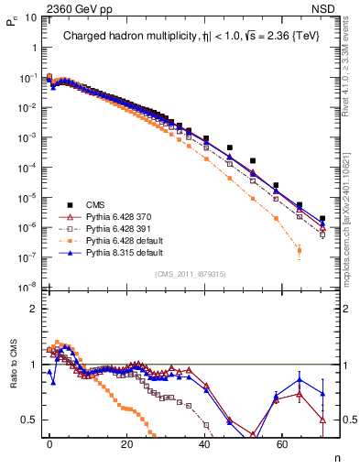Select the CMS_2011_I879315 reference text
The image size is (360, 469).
point(190,273)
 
